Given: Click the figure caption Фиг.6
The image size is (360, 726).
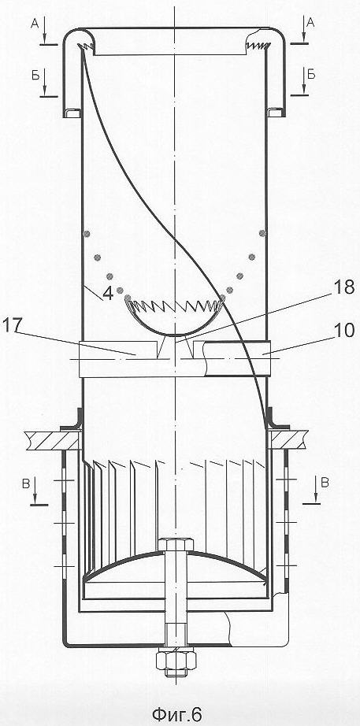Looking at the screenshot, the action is [177, 714].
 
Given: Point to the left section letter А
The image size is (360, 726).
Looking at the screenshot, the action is [35, 24].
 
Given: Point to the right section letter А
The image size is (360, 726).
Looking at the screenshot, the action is [310, 23].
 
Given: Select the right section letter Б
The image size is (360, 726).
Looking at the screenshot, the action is [311, 76].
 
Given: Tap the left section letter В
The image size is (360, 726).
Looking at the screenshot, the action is [25, 485].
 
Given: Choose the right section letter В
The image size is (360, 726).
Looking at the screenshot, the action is [325, 483].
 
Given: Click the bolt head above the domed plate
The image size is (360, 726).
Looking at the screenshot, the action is [176, 544].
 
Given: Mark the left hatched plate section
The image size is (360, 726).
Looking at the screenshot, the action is [52, 439].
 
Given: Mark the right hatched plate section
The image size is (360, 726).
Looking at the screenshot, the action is [289, 439].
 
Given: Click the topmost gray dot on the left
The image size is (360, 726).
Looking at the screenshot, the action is [86, 234].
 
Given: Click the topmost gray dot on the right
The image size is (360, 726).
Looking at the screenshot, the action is [262, 233].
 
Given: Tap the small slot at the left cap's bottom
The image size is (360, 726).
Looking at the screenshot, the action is [72, 113].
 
